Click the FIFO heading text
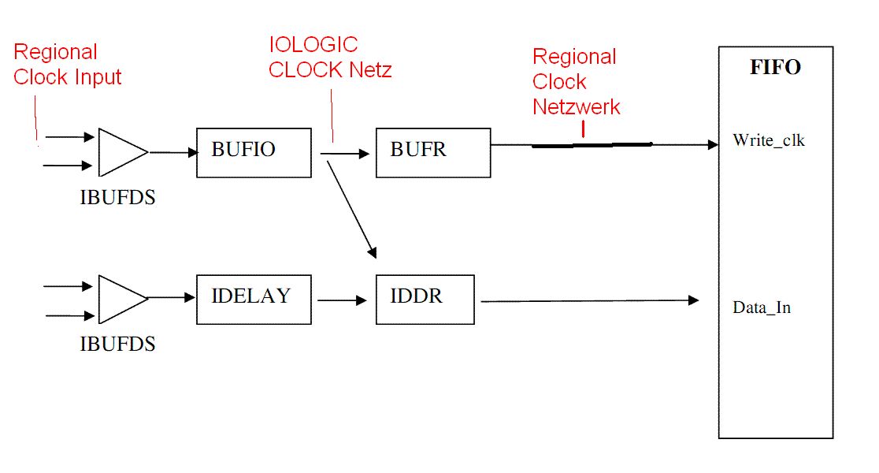tap(775, 67)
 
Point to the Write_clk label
tap(769, 140)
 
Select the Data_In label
tap(762, 307)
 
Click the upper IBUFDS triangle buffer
tap(124, 152)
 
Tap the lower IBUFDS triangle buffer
tap(124, 299)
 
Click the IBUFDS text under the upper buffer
tap(117, 198)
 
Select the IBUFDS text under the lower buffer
tap(117, 344)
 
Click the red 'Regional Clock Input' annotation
tap(67, 64)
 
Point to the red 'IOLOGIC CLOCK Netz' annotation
tap(330, 58)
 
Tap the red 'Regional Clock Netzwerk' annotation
tap(577, 81)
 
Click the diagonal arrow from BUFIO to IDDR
tap(351, 210)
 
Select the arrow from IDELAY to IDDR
tap(342, 300)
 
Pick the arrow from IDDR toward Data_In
tap(590, 300)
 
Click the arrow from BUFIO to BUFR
tap(345, 153)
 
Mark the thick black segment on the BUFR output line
tap(592, 145)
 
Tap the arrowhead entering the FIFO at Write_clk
tap(713, 145)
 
